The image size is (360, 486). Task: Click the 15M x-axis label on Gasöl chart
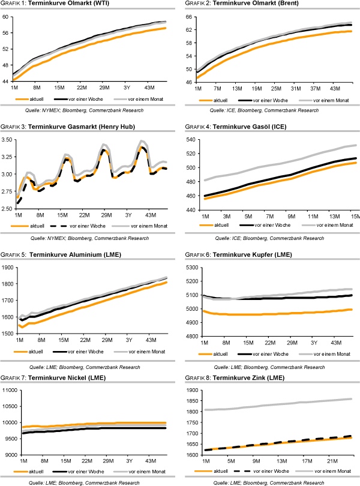click(x=355, y=216)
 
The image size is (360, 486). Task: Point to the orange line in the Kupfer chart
click(x=276, y=314)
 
